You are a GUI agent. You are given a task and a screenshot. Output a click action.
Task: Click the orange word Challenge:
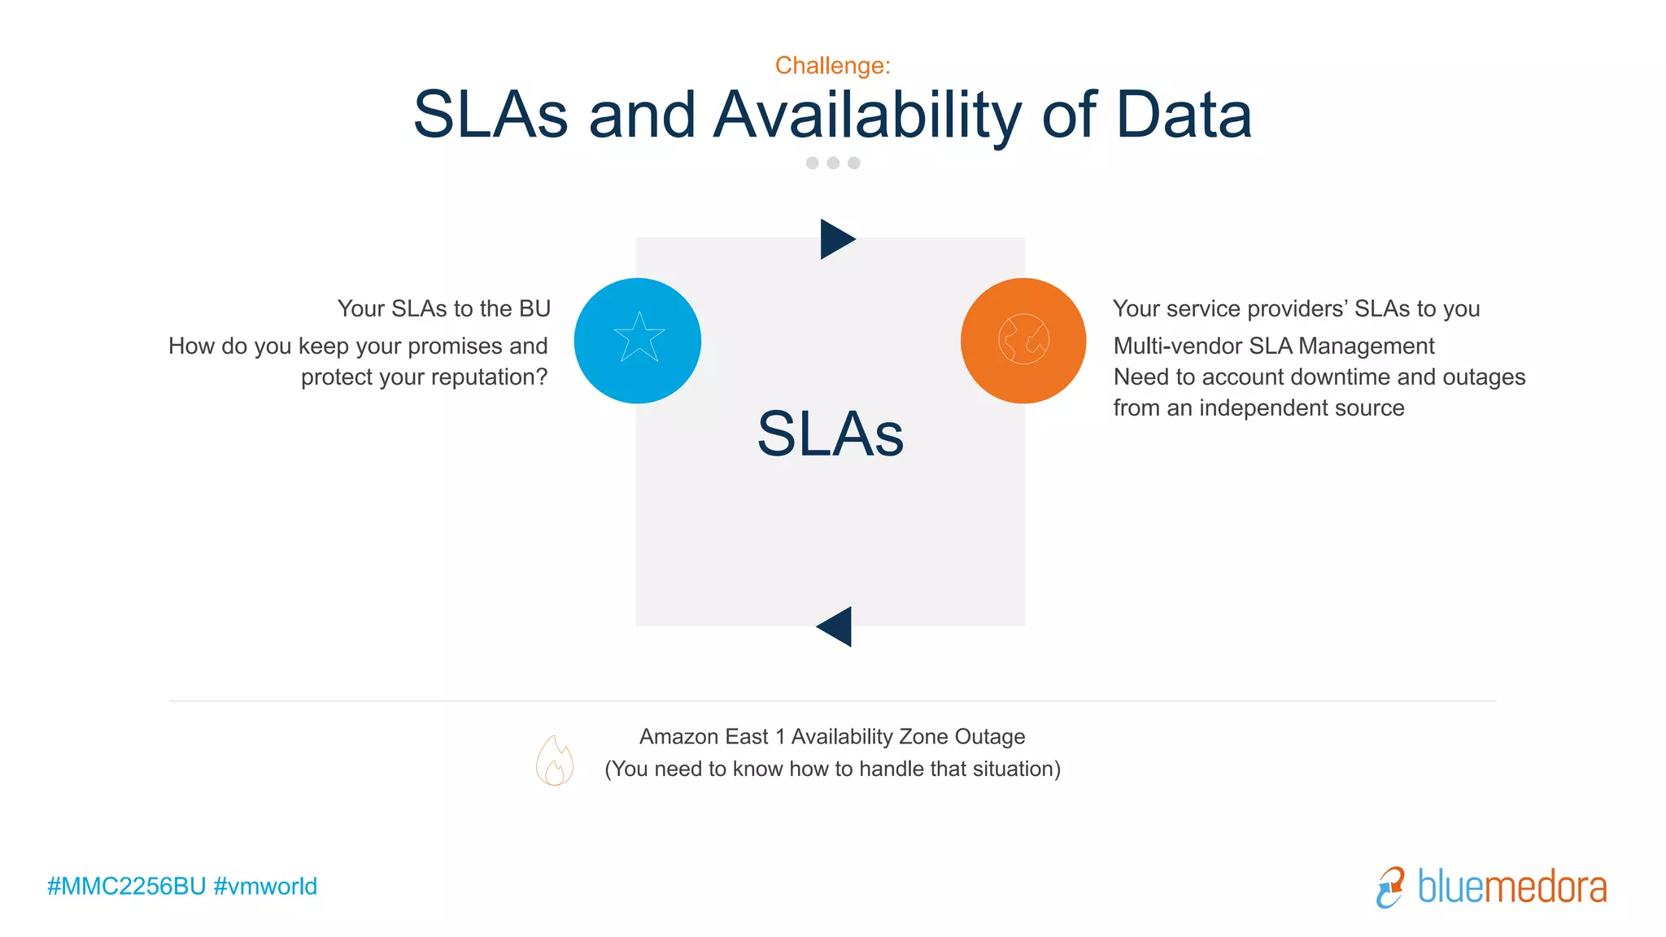832,65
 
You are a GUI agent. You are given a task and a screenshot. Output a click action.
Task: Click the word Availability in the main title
867,115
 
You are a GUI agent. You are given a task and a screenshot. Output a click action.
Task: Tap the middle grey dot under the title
833,163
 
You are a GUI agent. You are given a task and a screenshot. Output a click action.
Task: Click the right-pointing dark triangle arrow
836,239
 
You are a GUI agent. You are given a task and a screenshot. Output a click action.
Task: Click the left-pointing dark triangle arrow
835,626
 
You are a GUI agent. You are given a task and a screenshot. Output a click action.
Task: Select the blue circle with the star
638,341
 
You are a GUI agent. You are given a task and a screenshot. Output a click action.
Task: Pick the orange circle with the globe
1023,341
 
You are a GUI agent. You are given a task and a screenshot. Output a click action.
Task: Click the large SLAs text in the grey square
830,434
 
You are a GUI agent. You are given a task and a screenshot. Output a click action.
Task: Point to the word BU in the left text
534,309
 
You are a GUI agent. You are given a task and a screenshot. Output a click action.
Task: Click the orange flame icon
555,760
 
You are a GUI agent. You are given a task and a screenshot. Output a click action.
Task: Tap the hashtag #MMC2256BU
126,887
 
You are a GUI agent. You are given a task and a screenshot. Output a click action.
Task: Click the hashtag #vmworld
265,887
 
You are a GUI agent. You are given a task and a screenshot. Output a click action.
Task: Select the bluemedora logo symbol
1390,887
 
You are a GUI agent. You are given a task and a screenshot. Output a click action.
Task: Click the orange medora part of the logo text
1546,887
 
